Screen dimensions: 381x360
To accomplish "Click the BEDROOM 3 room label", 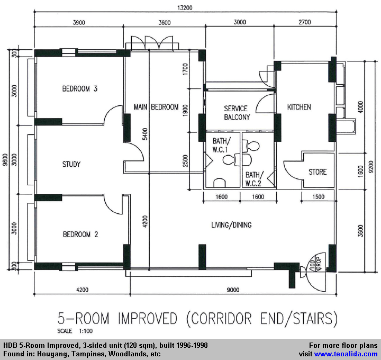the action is (80, 89).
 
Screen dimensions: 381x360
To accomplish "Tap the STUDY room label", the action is (71, 164).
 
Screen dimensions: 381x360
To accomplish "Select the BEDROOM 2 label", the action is (80, 235).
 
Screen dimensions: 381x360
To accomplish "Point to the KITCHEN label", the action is (299, 107).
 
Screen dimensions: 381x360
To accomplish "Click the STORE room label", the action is (317, 172).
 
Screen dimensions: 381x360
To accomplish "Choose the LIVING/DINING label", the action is (231, 225).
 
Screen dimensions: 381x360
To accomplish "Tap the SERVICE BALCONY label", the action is (237, 113).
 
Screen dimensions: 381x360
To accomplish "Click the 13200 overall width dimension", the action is (185, 8).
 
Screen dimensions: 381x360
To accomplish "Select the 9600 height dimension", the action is (5, 159).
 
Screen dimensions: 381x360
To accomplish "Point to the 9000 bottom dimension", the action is (233, 290).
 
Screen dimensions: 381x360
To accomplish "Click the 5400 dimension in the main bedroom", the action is (145, 134).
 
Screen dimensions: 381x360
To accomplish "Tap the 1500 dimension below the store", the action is (319, 196).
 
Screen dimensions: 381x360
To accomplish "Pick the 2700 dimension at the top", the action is (305, 22).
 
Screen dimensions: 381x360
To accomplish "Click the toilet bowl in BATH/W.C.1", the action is (229, 160).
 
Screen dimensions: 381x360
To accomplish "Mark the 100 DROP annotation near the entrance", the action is (315, 264).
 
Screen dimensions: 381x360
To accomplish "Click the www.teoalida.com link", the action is (346, 354).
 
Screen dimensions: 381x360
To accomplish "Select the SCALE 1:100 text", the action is (75, 331).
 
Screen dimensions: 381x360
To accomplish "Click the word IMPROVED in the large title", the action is (148, 318).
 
